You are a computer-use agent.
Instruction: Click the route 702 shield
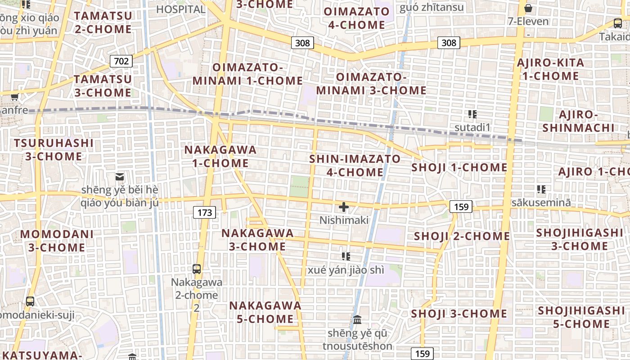pyautogui.click(x=121, y=61)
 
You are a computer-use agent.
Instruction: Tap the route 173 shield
pyautogui.click(x=204, y=212)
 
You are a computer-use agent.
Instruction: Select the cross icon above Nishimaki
pyautogui.click(x=344, y=207)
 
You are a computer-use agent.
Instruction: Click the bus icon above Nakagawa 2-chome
pyautogui.click(x=197, y=269)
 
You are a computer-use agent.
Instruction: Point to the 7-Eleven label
pyautogui.click(x=528, y=21)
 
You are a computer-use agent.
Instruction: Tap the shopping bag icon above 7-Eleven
pyautogui.click(x=528, y=8)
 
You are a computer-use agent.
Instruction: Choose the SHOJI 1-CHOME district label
pyautogui.click(x=459, y=168)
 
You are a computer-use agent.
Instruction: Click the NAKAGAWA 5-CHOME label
pyautogui.click(x=265, y=312)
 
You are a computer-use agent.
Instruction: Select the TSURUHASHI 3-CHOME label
pyautogui.click(x=54, y=150)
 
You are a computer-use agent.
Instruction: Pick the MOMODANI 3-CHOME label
pyautogui.click(x=57, y=241)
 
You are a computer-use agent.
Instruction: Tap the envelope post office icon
pyautogui.click(x=120, y=177)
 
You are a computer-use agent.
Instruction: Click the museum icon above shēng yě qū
pyautogui.click(x=357, y=320)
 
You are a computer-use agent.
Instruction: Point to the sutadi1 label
pyautogui.click(x=472, y=127)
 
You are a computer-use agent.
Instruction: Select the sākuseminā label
pyautogui.click(x=541, y=202)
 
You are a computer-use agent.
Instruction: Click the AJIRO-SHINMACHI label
pyautogui.click(x=578, y=121)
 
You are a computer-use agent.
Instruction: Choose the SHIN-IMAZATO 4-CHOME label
pyautogui.click(x=355, y=165)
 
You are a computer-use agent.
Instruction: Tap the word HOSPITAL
pyautogui.click(x=181, y=9)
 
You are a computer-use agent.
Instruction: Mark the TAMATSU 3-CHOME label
pyautogui.click(x=103, y=85)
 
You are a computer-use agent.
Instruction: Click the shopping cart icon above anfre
pyautogui.click(x=14, y=97)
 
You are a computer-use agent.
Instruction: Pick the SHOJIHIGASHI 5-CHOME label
pyautogui.click(x=581, y=317)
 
